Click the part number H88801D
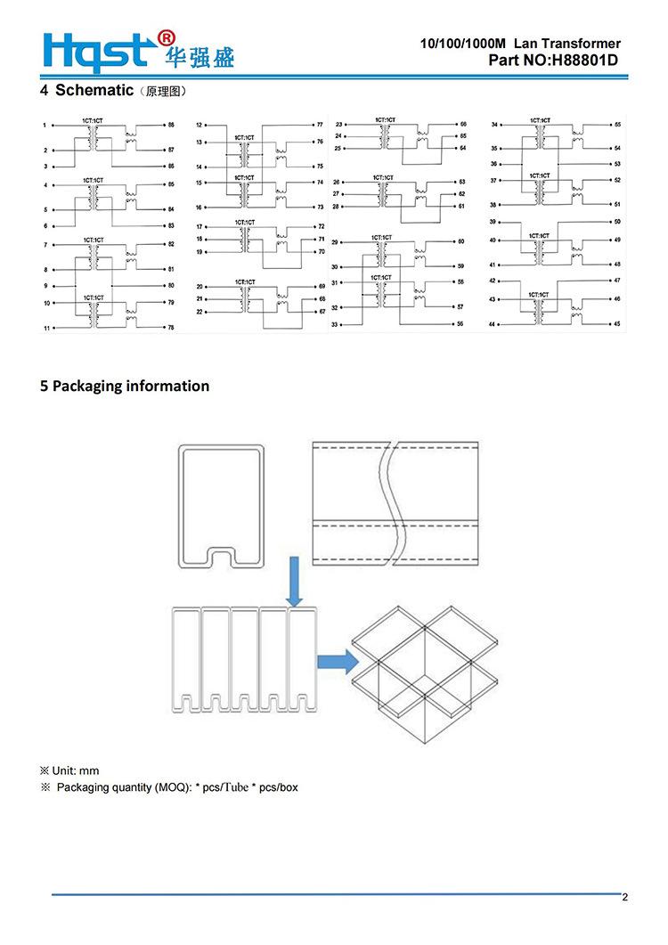tap(584, 61)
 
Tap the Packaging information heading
tap(125, 386)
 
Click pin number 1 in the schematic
tap(45, 126)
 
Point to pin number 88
tap(171, 126)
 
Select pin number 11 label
tap(45, 330)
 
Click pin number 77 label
tap(321, 125)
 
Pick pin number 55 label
tap(617, 124)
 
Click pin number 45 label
tap(617, 324)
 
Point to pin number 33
tap(336, 324)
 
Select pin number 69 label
tap(322, 286)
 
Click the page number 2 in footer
tap(625, 897)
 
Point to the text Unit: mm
tap(70, 770)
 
